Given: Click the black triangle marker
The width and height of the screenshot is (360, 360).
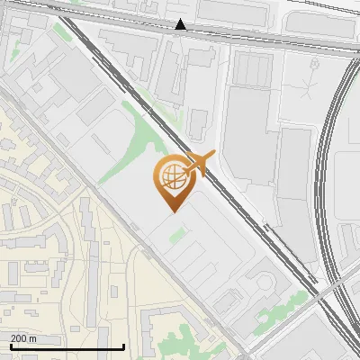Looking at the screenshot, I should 181,24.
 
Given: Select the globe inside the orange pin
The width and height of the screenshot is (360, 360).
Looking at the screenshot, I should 171,176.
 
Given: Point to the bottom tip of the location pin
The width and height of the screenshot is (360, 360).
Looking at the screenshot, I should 172,211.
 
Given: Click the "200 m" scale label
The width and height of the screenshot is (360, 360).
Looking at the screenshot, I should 23,338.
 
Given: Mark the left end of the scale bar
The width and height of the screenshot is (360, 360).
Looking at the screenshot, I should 10,346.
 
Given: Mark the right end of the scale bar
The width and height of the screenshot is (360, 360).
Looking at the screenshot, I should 123,346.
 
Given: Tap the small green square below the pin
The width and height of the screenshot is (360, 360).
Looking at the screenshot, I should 177,235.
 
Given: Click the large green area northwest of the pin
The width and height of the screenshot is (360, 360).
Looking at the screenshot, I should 144,135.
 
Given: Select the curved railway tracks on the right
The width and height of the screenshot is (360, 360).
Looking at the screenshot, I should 328,180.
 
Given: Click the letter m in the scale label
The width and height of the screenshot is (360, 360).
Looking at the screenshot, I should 32,338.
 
